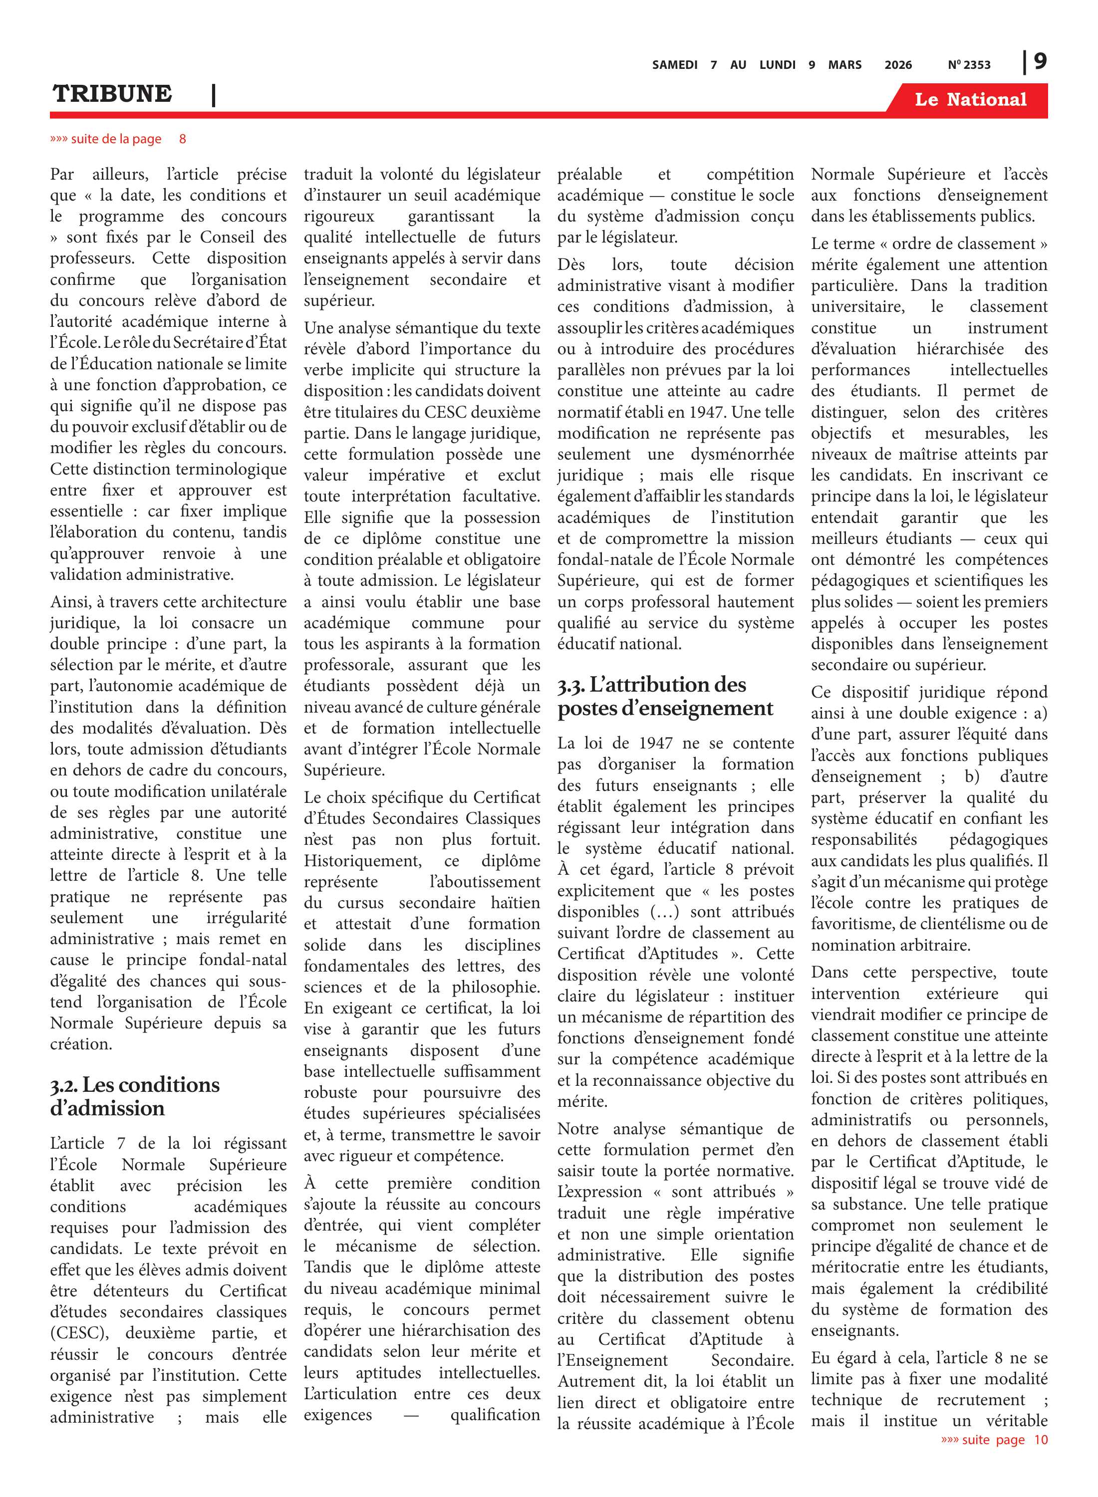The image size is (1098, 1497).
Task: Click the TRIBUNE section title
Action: [112, 94]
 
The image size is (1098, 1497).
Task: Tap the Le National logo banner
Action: [970, 100]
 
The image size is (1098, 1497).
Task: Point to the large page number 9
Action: [1040, 61]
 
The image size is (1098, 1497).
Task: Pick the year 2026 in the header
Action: [898, 65]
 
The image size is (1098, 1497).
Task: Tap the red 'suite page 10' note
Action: [994, 1440]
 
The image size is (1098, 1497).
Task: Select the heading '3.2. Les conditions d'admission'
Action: [134, 1096]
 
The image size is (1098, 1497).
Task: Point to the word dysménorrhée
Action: [743, 455]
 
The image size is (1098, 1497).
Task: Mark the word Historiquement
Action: [362, 861]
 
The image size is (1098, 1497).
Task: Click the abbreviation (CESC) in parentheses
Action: [79, 1333]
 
